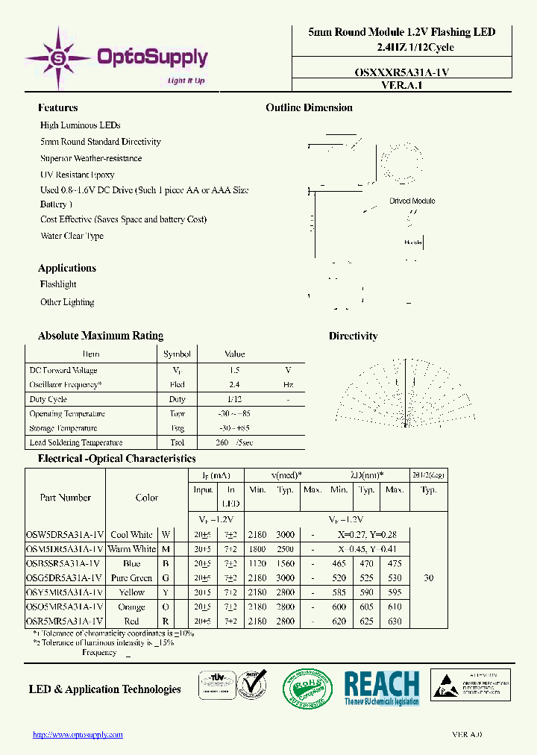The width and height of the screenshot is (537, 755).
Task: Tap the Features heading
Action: click(x=57, y=107)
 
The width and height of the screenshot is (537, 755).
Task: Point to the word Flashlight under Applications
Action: click(x=58, y=284)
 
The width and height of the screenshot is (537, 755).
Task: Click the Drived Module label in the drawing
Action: click(x=412, y=201)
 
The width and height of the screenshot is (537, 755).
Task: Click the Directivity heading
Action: click(x=353, y=336)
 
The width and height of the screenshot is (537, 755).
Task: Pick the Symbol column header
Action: click(x=177, y=354)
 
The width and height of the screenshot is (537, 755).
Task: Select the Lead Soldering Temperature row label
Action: click(x=75, y=442)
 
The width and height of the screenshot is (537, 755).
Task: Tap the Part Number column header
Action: click(x=65, y=498)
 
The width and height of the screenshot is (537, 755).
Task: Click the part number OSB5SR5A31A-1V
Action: click(x=65, y=563)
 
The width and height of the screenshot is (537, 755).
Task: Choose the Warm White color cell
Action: click(x=133, y=549)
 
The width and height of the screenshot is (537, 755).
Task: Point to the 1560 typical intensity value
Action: click(x=286, y=563)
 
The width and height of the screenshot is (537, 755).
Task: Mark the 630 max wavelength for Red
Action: click(x=395, y=621)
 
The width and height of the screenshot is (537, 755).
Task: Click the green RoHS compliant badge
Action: click(x=307, y=687)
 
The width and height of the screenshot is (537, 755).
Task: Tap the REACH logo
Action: click(x=381, y=687)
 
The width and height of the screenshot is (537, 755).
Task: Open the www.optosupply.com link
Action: click(x=78, y=735)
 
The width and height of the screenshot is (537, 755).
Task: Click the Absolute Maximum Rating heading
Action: click(x=101, y=336)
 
